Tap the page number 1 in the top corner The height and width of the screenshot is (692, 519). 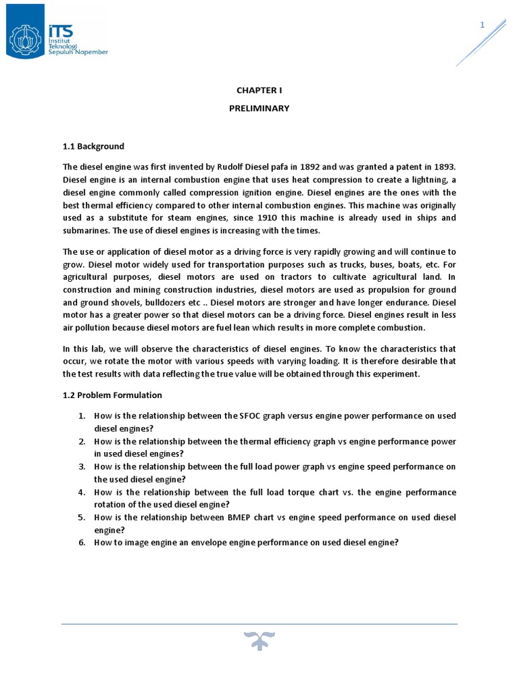483,25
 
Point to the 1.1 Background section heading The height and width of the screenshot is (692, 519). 93,146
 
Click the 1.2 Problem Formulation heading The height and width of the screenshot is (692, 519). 112,395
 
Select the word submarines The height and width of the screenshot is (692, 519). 86,231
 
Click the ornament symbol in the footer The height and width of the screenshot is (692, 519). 259,640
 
